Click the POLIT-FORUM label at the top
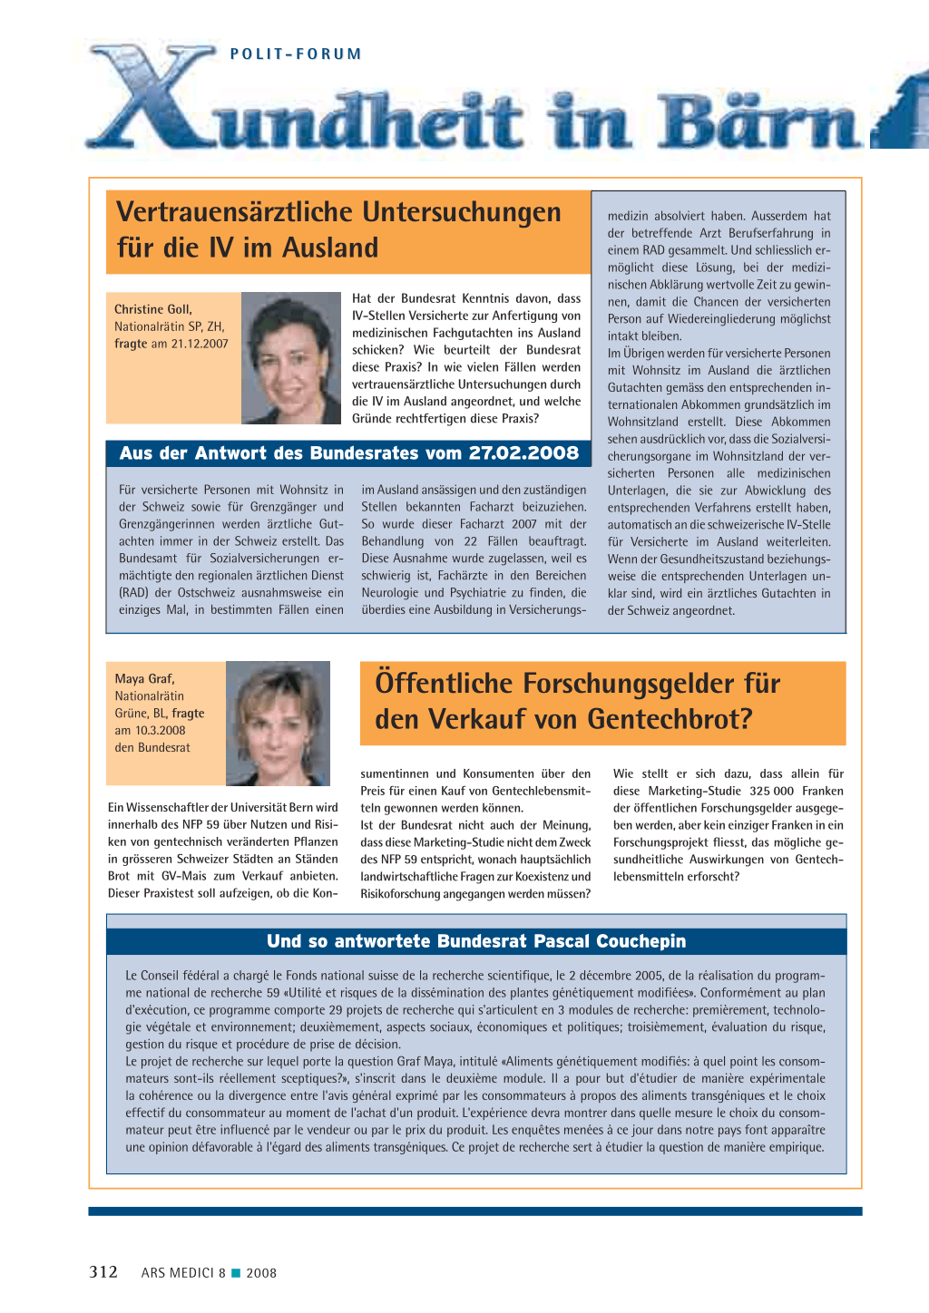pos(296,54)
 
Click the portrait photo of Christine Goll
pos(290,357)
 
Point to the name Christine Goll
pos(152,309)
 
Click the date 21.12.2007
pos(200,344)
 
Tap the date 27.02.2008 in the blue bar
pos(523,453)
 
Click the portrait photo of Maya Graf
pos(278,723)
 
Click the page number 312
pos(103,1272)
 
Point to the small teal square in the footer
pos(236,1273)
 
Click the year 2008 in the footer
pos(261,1273)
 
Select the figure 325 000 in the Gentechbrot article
pos(772,791)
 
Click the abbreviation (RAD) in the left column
pos(133,593)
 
